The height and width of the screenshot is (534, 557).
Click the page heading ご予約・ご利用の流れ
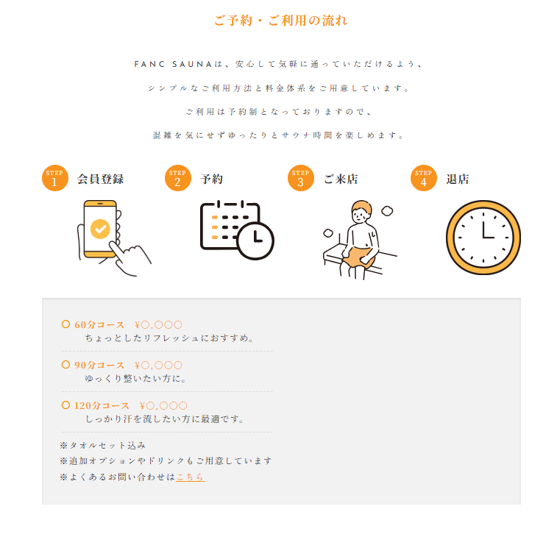280,21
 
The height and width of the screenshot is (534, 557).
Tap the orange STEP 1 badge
54,178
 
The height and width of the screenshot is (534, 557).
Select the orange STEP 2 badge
177,178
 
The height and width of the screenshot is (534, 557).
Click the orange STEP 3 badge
300,178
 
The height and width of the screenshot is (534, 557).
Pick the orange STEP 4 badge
423,178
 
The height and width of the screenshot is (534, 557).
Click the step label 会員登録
101,179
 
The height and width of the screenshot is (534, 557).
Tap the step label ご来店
341,179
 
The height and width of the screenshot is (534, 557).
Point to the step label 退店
458,179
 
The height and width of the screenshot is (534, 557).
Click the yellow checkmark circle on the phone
100,229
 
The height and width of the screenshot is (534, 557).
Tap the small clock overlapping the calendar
255,241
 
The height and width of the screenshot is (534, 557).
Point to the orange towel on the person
358,257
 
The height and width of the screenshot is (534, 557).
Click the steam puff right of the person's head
387,211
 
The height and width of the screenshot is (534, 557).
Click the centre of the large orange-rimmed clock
483,237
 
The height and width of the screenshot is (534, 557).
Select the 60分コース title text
99,325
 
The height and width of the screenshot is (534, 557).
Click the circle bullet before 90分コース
65,365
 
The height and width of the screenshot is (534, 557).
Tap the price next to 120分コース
163,406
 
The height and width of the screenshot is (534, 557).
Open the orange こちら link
190,477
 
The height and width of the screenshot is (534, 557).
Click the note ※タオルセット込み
103,445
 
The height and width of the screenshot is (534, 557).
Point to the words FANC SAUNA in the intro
173,64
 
